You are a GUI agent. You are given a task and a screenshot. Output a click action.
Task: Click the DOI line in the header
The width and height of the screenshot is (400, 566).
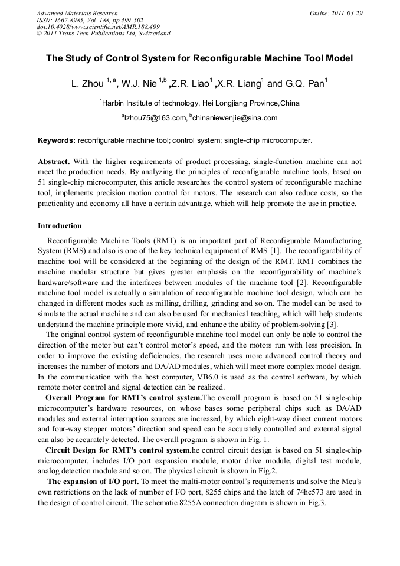98,27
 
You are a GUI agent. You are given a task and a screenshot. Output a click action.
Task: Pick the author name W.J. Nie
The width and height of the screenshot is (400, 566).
139,84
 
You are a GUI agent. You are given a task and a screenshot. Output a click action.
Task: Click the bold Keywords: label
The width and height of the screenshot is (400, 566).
57,141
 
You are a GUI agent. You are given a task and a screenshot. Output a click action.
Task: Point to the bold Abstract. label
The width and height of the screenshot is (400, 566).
54,162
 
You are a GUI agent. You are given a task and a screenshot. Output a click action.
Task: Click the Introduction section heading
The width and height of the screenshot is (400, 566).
60,226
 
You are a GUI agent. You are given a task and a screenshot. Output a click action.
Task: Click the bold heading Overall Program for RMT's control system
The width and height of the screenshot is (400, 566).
123,397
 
